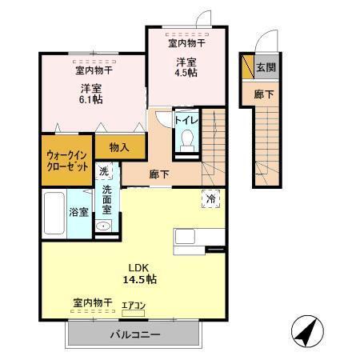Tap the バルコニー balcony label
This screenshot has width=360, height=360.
click(x=134, y=334)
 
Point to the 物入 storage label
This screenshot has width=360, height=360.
click(x=119, y=147)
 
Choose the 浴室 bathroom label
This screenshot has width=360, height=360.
click(x=78, y=212)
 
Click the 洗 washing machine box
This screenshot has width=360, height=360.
click(x=104, y=171)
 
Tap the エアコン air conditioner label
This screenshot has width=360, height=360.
click(x=133, y=305)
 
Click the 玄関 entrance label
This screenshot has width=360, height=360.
click(x=266, y=68)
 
